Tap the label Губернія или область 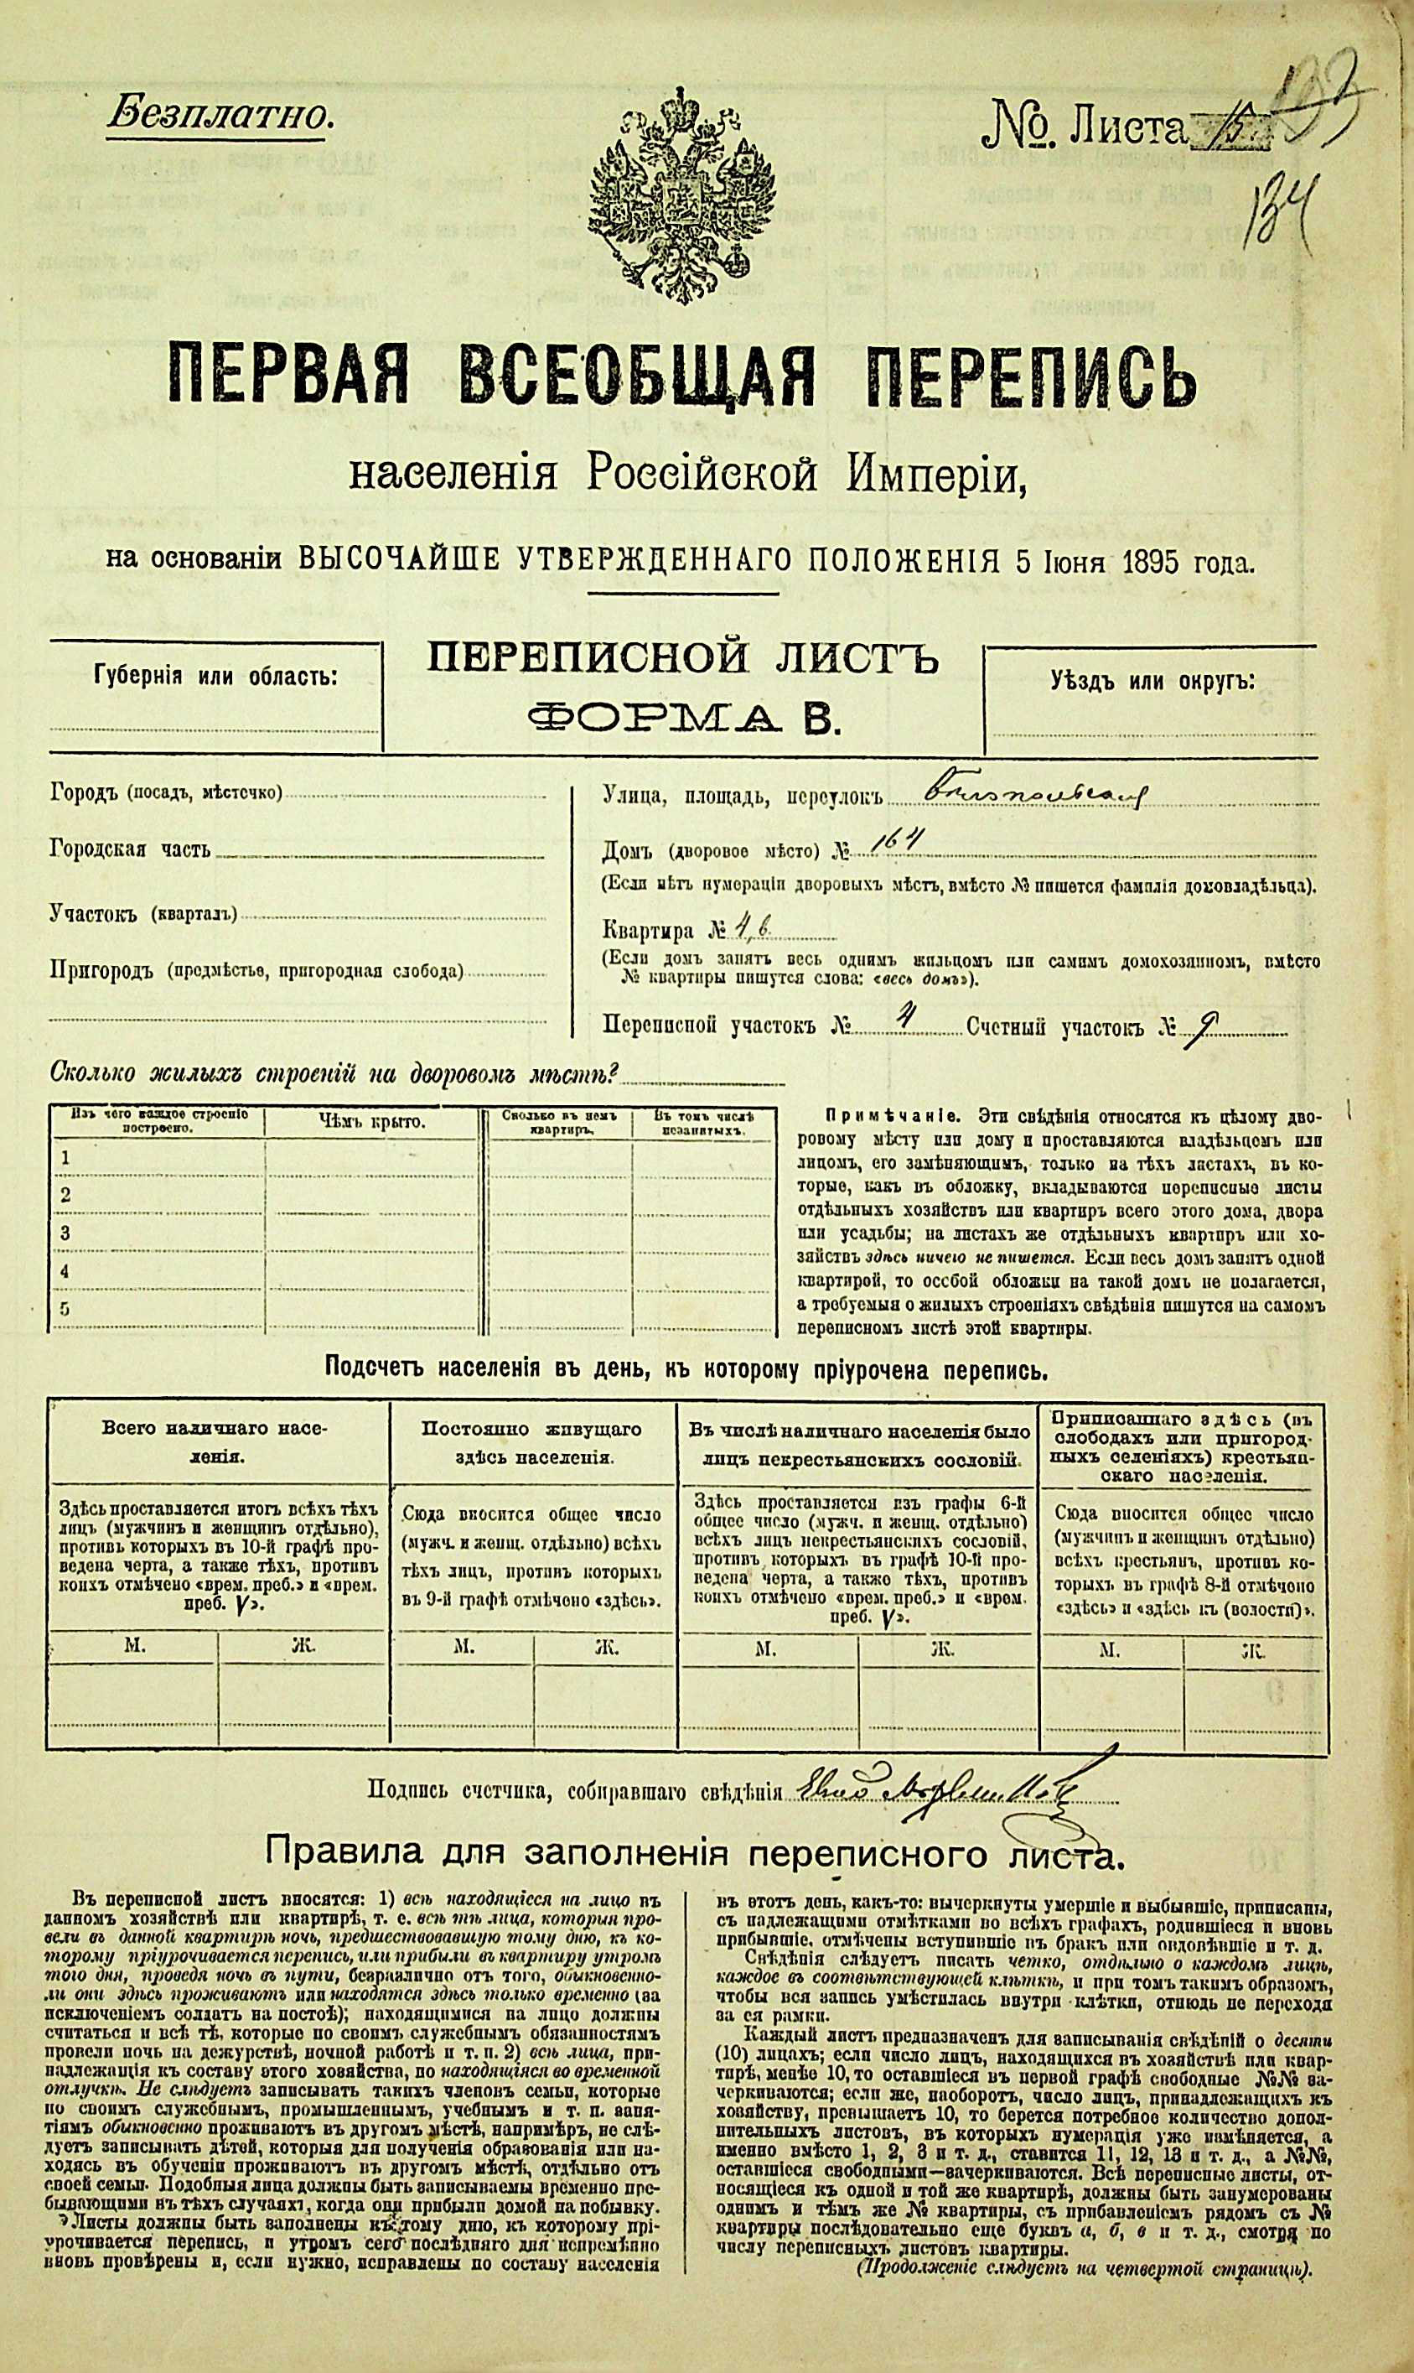pyautogui.click(x=215, y=678)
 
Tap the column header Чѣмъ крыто pyautogui.click(x=371, y=1122)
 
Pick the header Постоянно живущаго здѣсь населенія pyautogui.click(x=531, y=1443)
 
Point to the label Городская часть pyautogui.click(x=131, y=850)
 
